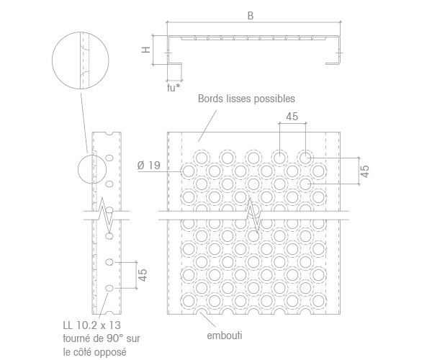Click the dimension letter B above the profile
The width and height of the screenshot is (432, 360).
click(250, 16)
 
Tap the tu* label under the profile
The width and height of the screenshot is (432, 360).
click(174, 88)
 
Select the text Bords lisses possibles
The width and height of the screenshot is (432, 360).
click(246, 99)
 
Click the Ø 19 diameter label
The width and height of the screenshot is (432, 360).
click(149, 166)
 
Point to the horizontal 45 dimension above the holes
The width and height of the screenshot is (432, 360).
click(292, 117)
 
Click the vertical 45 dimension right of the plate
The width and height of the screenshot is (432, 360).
click(364, 171)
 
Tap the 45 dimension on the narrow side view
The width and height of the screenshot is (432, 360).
click(143, 275)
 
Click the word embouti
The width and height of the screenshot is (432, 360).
click(225, 336)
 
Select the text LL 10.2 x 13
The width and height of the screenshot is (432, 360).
click(91, 325)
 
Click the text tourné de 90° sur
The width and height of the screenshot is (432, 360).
click(102, 338)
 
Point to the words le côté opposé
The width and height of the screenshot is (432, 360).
click(95, 352)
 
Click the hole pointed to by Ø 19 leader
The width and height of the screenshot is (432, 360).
click(189, 171)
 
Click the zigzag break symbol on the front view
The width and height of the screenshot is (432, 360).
click(253, 216)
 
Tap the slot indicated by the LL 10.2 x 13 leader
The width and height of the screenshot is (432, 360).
click(109, 288)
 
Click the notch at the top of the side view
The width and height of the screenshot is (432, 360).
click(109, 134)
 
